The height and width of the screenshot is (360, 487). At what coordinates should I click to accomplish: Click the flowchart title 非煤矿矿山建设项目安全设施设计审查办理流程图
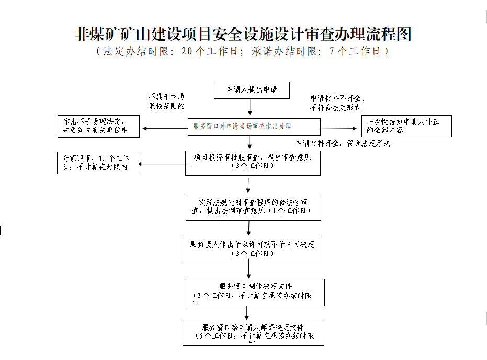tap(243, 35)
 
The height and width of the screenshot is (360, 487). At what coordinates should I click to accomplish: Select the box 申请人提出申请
tap(252, 90)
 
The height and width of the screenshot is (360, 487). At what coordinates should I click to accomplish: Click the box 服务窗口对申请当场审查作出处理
tap(254, 127)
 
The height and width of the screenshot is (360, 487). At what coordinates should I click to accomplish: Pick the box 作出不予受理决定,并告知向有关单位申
tap(98, 126)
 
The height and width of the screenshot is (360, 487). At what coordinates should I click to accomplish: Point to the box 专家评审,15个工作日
tap(98, 163)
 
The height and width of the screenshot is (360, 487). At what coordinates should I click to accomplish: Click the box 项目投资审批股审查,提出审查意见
tap(253, 163)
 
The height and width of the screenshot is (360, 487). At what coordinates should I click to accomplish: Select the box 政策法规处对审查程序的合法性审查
tap(253, 208)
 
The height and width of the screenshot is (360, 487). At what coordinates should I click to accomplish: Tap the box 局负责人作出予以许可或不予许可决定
tap(253, 248)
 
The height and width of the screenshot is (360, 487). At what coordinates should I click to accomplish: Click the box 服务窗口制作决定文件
tap(254, 292)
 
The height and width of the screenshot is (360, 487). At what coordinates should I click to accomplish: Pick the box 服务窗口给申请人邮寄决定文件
tap(253, 333)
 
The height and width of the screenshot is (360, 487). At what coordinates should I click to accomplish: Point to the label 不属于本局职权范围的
tap(166, 102)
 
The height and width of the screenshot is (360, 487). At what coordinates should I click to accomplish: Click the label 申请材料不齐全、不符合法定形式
tap(337, 103)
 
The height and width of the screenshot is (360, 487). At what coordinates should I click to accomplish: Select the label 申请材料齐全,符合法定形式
tap(343, 143)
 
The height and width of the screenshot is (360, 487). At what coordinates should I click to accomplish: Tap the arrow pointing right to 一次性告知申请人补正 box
tap(340, 128)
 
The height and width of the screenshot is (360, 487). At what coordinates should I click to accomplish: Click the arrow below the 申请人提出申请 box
tap(250, 107)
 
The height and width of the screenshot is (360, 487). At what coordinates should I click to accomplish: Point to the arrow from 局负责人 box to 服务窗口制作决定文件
tap(249, 269)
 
